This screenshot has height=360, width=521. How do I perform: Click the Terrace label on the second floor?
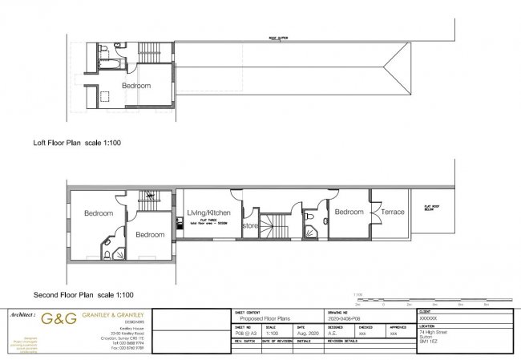[x=393, y=212]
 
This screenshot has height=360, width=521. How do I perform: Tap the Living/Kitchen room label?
[x=208, y=212]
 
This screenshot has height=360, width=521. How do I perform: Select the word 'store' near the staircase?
[x=249, y=225]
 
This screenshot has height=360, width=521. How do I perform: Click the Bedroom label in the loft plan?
[x=137, y=85]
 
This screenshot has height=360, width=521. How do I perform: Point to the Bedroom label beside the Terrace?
[x=349, y=212]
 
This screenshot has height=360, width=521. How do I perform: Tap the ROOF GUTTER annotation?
[x=277, y=37]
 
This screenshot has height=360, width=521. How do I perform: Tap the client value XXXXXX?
[x=429, y=318]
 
